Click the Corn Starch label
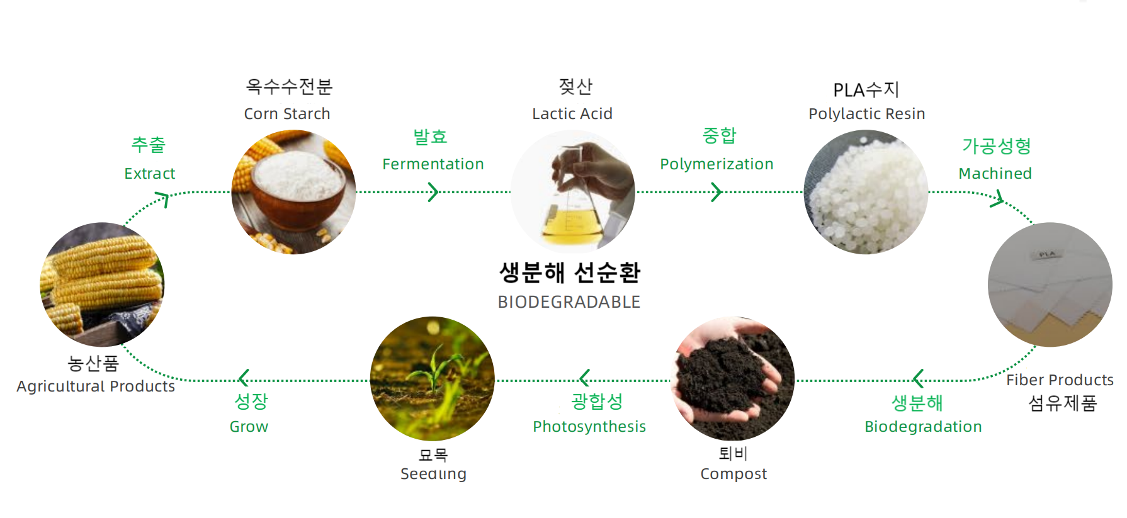point(287,113)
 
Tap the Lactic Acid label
point(572,113)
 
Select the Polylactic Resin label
point(867,114)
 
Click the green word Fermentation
point(433,164)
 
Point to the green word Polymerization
point(716,164)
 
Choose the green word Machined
point(995,173)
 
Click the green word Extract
point(150,173)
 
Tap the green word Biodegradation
point(923,427)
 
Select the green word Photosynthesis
point(589,427)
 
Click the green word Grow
point(249,427)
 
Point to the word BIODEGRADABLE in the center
point(569,302)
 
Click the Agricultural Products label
point(96,386)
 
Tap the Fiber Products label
point(1060,380)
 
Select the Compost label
point(733,474)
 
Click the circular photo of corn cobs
point(102,284)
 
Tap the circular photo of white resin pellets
point(866,192)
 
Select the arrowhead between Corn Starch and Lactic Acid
point(433,192)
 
